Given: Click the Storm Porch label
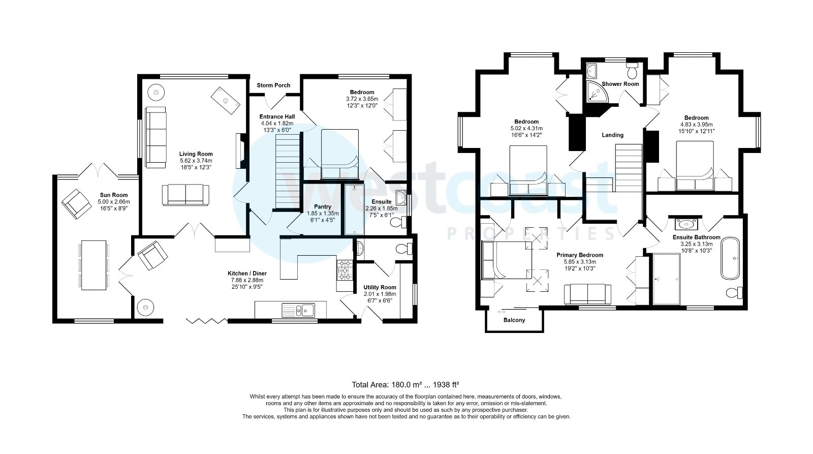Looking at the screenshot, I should point(273,85).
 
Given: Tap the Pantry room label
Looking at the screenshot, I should point(322,207).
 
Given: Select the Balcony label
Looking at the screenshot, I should point(514,320).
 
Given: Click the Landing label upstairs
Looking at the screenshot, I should point(612,135).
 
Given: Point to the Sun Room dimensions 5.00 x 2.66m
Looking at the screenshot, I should point(114,202).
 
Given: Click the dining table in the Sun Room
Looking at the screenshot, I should point(93,265).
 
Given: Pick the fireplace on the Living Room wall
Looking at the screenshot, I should point(239,151).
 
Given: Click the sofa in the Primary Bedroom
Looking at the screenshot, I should point(587,293).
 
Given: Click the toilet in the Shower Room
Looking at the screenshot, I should point(632,68).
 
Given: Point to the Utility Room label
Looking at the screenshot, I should point(380,287).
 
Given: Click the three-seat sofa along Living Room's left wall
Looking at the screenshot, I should point(155,137).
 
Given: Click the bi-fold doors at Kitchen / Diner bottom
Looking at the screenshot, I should point(206,320).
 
